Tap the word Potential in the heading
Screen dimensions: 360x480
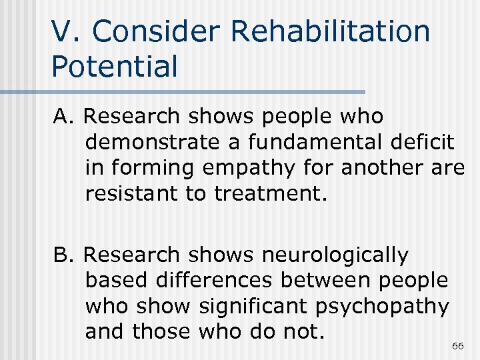click(114, 66)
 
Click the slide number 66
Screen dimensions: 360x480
click(457, 346)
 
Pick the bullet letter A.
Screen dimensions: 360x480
click(63, 117)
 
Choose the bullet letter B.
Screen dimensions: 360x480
click(63, 255)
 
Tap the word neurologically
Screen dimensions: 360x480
click(335, 255)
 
